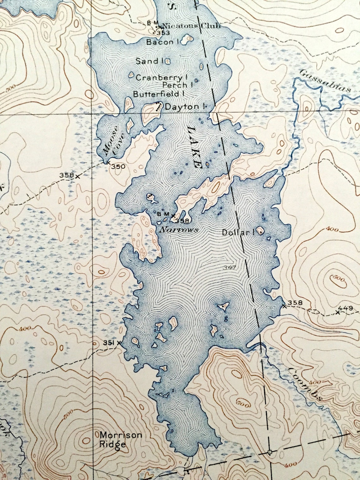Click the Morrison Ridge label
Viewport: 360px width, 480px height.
point(121,440)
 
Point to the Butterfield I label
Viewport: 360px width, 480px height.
point(159,94)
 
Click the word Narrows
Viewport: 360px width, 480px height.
point(179,230)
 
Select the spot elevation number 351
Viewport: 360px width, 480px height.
point(108,343)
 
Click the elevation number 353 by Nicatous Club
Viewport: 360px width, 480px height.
point(164,33)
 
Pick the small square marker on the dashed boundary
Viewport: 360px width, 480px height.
point(269,452)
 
